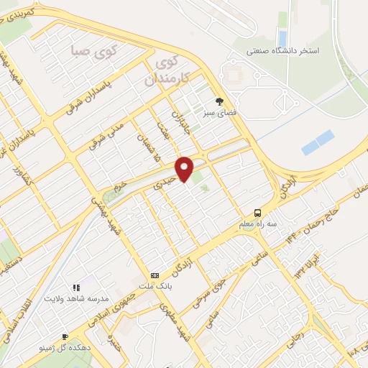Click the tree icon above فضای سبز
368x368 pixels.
(x=220, y=101)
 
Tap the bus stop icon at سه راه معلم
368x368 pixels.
(x=257, y=212)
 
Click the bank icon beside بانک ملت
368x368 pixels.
(x=155, y=275)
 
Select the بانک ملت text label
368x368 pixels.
(x=155, y=287)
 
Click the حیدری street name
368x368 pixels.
(x=165, y=178)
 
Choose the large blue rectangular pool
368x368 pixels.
(x=318, y=142)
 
